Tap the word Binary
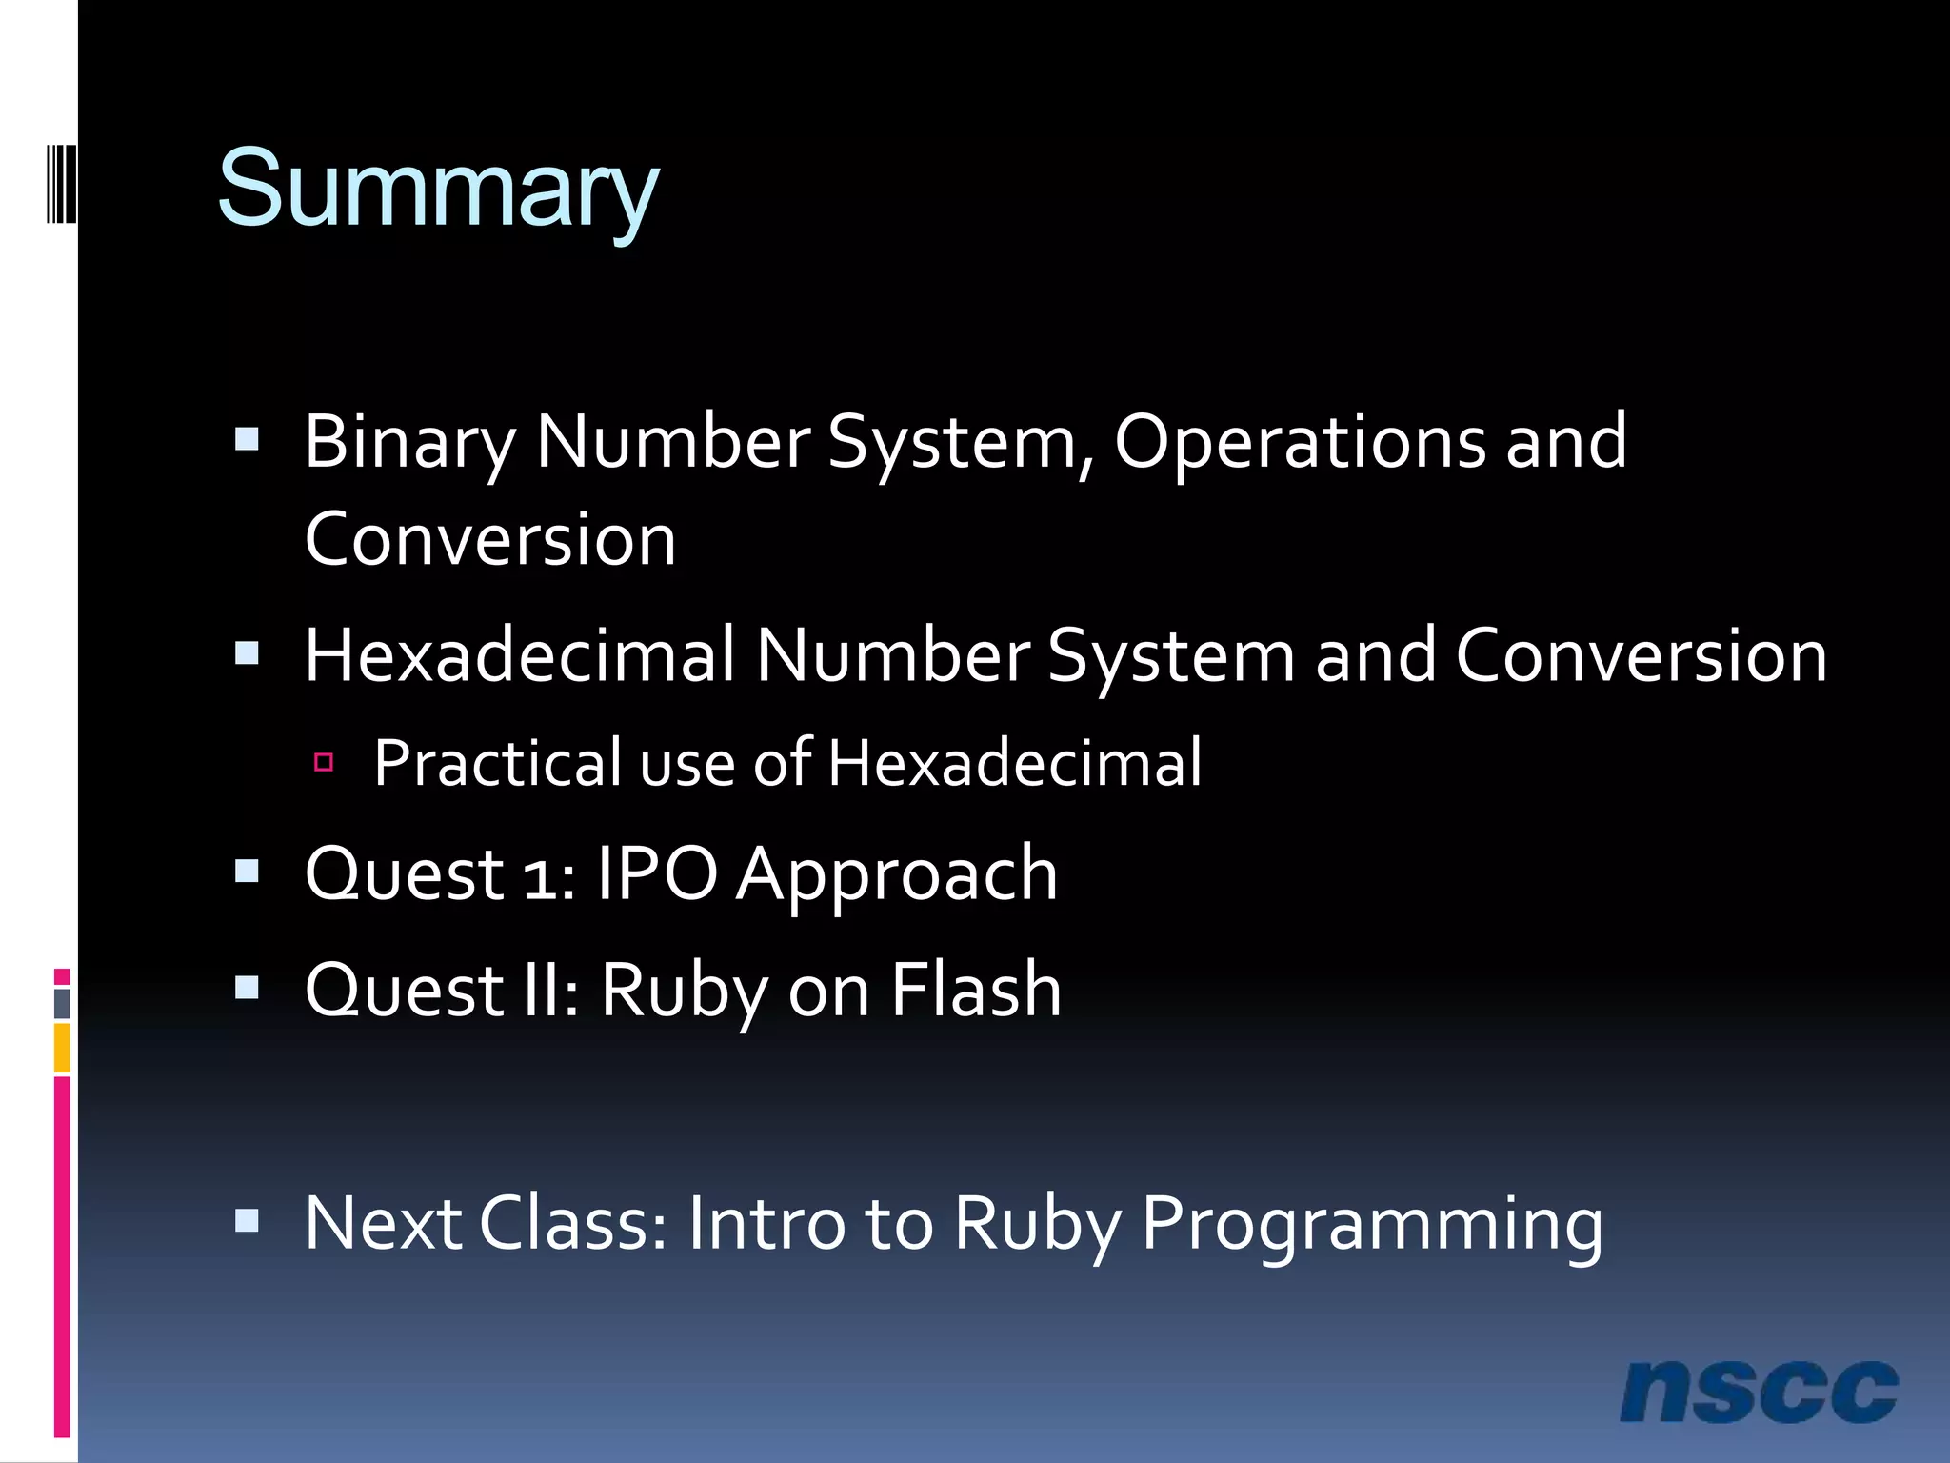pos(409,443)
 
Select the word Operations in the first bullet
pos(1300,443)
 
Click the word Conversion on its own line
pos(490,539)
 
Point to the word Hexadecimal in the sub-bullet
pos(1014,763)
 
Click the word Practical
pos(495,763)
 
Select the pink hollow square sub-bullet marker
pos(324,762)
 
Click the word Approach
pos(897,874)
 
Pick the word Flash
pos(976,990)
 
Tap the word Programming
pos(1372,1224)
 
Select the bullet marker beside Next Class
pos(248,1221)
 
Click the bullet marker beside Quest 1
pos(248,872)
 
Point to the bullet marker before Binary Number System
pos(248,439)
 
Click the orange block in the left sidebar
pos(62,1048)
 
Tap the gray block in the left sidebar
pos(62,1003)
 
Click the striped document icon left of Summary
pos(61,183)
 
